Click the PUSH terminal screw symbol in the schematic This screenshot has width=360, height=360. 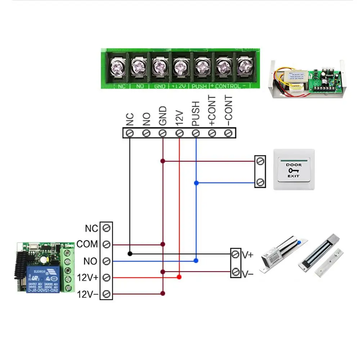tap(196, 133)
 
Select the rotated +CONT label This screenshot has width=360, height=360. tap(212, 111)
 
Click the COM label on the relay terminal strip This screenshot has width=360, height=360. tap(87, 244)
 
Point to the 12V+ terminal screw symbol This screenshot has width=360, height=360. tap(106, 278)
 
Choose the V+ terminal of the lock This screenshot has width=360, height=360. tap(235, 255)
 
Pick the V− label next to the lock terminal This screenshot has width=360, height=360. tap(248, 275)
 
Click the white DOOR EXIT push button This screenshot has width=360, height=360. tap(293, 169)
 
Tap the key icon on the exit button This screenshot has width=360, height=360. tap(293, 170)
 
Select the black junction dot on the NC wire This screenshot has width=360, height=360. tap(130, 254)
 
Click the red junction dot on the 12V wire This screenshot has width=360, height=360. tap(179, 277)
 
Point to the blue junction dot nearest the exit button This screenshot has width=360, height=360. tap(196, 183)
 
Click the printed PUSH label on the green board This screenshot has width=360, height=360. tap(199, 86)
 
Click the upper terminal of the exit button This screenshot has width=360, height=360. tap(260, 161)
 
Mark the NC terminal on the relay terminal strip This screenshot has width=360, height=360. tap(106, 228)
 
